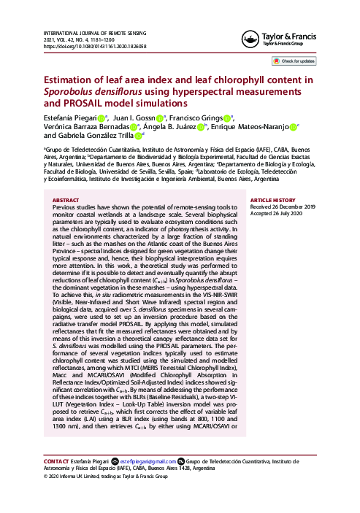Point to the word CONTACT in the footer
pos(56,461)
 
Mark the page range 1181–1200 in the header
pos(120,40)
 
